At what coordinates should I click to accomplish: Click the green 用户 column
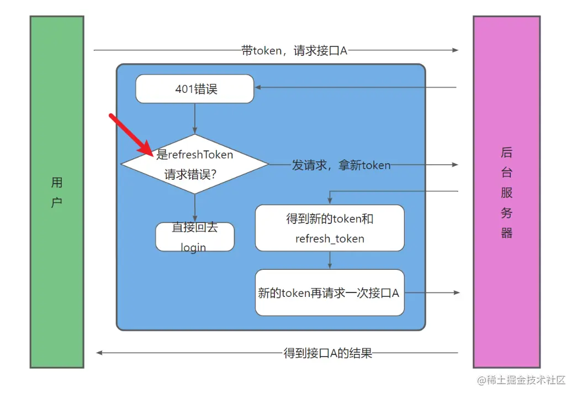click(57, 192)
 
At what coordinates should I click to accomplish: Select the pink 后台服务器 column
click(506, 192)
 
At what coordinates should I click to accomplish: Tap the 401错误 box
click(195, 89)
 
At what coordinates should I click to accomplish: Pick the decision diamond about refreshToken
click(195, 164)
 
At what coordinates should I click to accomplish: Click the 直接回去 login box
click(195, 237)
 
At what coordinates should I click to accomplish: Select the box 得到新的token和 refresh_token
click(330, 228)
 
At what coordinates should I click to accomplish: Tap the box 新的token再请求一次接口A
click(330, 293)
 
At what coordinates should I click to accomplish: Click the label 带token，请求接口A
click(294, 50)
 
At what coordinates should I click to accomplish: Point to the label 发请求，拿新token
click(341, 165)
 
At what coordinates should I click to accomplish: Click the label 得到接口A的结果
click(328, 353)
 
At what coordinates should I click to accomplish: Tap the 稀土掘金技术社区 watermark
click(522, 380)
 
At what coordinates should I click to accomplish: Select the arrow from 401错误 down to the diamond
click(195, 118)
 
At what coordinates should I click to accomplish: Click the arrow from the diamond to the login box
click(195, 208)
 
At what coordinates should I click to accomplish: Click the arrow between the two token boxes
click(330, 260)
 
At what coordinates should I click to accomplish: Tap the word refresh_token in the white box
click(330, 239)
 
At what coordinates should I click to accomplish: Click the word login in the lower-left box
click(194, 247)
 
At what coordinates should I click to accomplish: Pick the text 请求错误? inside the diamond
click(190, 175)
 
